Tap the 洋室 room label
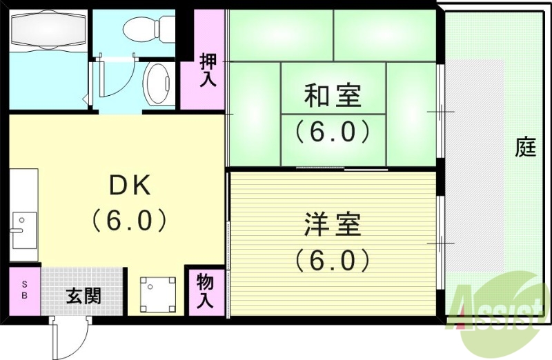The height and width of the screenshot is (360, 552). click(x=333, y=226)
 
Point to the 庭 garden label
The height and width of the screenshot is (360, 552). click(x=526, y=147)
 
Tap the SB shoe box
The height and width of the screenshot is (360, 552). click(x=25, y=290)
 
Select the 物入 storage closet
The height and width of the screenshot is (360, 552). click(x=206, y=291)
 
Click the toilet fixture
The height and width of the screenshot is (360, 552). click(x=148, y=28)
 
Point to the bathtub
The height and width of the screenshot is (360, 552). click(x=47, y=31)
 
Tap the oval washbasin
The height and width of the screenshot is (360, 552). click(x=159, y=85)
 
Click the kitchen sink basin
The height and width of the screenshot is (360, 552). click(x=23, y=229)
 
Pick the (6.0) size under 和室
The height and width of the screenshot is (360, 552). click(x=333, y=131)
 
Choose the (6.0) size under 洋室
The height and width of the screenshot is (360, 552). click(x=333, y=260)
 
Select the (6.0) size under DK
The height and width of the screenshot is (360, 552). click(x=130, y=220)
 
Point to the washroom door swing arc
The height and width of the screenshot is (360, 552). click(x=110, y=81)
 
